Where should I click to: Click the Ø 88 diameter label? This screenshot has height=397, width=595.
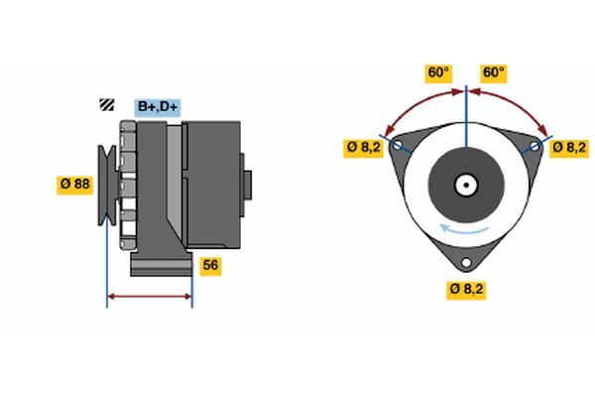(73, 185)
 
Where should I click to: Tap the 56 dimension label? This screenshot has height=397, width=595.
(209, 265)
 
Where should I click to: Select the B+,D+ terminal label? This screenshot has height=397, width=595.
(158, 106)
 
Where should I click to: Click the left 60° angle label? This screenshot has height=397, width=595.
(438, 72)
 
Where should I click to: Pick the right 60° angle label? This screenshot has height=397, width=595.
(493, 72)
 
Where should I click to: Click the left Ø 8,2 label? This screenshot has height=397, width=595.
(363, 147)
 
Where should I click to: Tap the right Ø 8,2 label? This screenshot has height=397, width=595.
(569, 147)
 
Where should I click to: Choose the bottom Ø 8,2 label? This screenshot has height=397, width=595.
(468, 289)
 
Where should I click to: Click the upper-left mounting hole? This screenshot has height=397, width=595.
(399, 145)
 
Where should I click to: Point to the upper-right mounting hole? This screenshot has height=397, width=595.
(535, 146)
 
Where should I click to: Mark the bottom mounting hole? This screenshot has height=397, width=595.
(467, 264)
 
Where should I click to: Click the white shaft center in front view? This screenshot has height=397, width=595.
(466, 185)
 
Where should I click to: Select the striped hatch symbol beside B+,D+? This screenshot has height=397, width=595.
(106, 104)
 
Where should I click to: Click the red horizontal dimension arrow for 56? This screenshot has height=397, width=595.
(149, 296)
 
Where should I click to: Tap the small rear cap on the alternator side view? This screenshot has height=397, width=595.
(248, 185)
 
